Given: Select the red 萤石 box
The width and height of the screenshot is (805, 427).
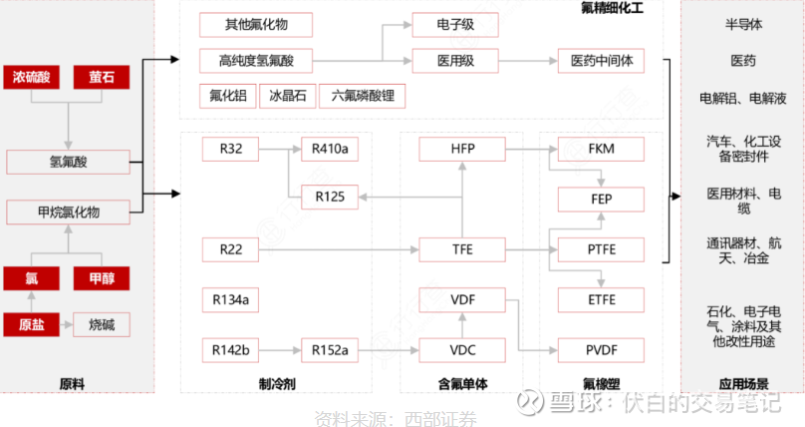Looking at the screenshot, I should coord(102,77).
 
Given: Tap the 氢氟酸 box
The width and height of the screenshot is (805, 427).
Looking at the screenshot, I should coord(68,162).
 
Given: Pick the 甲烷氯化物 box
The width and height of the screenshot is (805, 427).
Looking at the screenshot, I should coord(68,212).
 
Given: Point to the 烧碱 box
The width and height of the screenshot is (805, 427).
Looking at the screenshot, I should coord(102,324).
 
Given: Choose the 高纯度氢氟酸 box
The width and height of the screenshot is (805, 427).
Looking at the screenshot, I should coord(257,61).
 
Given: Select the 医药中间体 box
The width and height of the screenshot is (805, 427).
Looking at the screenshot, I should coord(602,61).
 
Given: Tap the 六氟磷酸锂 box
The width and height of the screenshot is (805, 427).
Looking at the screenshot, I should coord(362,97).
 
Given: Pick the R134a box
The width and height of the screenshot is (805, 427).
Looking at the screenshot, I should coord(231,298).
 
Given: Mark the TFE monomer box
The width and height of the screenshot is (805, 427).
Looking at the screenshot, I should coord(462,248).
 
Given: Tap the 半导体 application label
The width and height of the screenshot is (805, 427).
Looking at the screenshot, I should coord(742,23).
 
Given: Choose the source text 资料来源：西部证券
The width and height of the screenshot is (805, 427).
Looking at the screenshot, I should coord(395,418).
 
